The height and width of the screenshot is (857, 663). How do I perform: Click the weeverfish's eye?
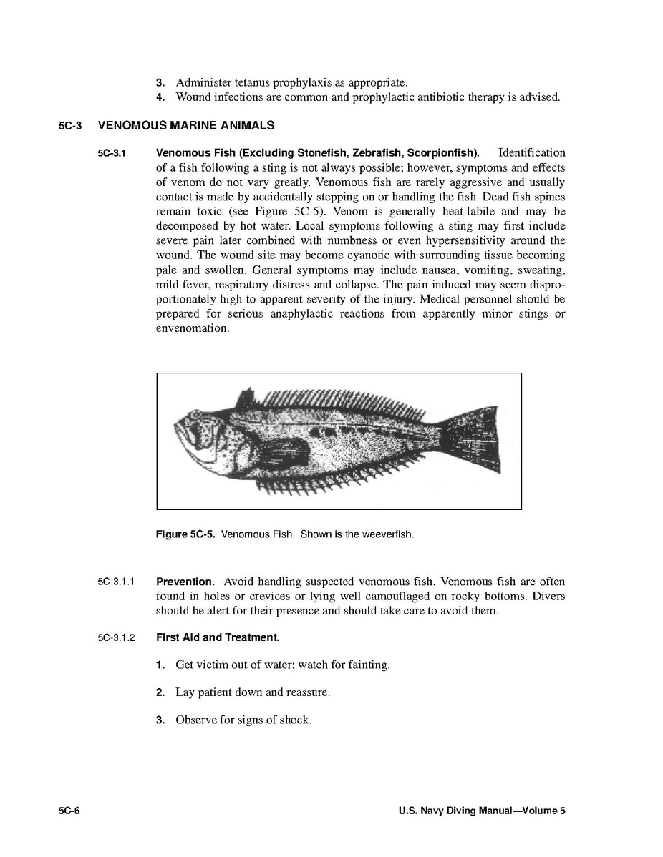click(195, 416)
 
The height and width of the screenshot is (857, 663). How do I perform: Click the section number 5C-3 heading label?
click(71, 126)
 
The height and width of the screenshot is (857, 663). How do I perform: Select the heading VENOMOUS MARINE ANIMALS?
click(185, 126)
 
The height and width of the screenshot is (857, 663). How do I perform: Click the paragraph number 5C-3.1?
click(112, 153)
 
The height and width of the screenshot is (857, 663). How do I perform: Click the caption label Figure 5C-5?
click(185, 534)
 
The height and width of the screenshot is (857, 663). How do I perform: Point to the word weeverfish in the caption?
click(389, 534)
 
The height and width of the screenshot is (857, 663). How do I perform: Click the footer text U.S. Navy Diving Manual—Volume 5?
click(482, 811)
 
